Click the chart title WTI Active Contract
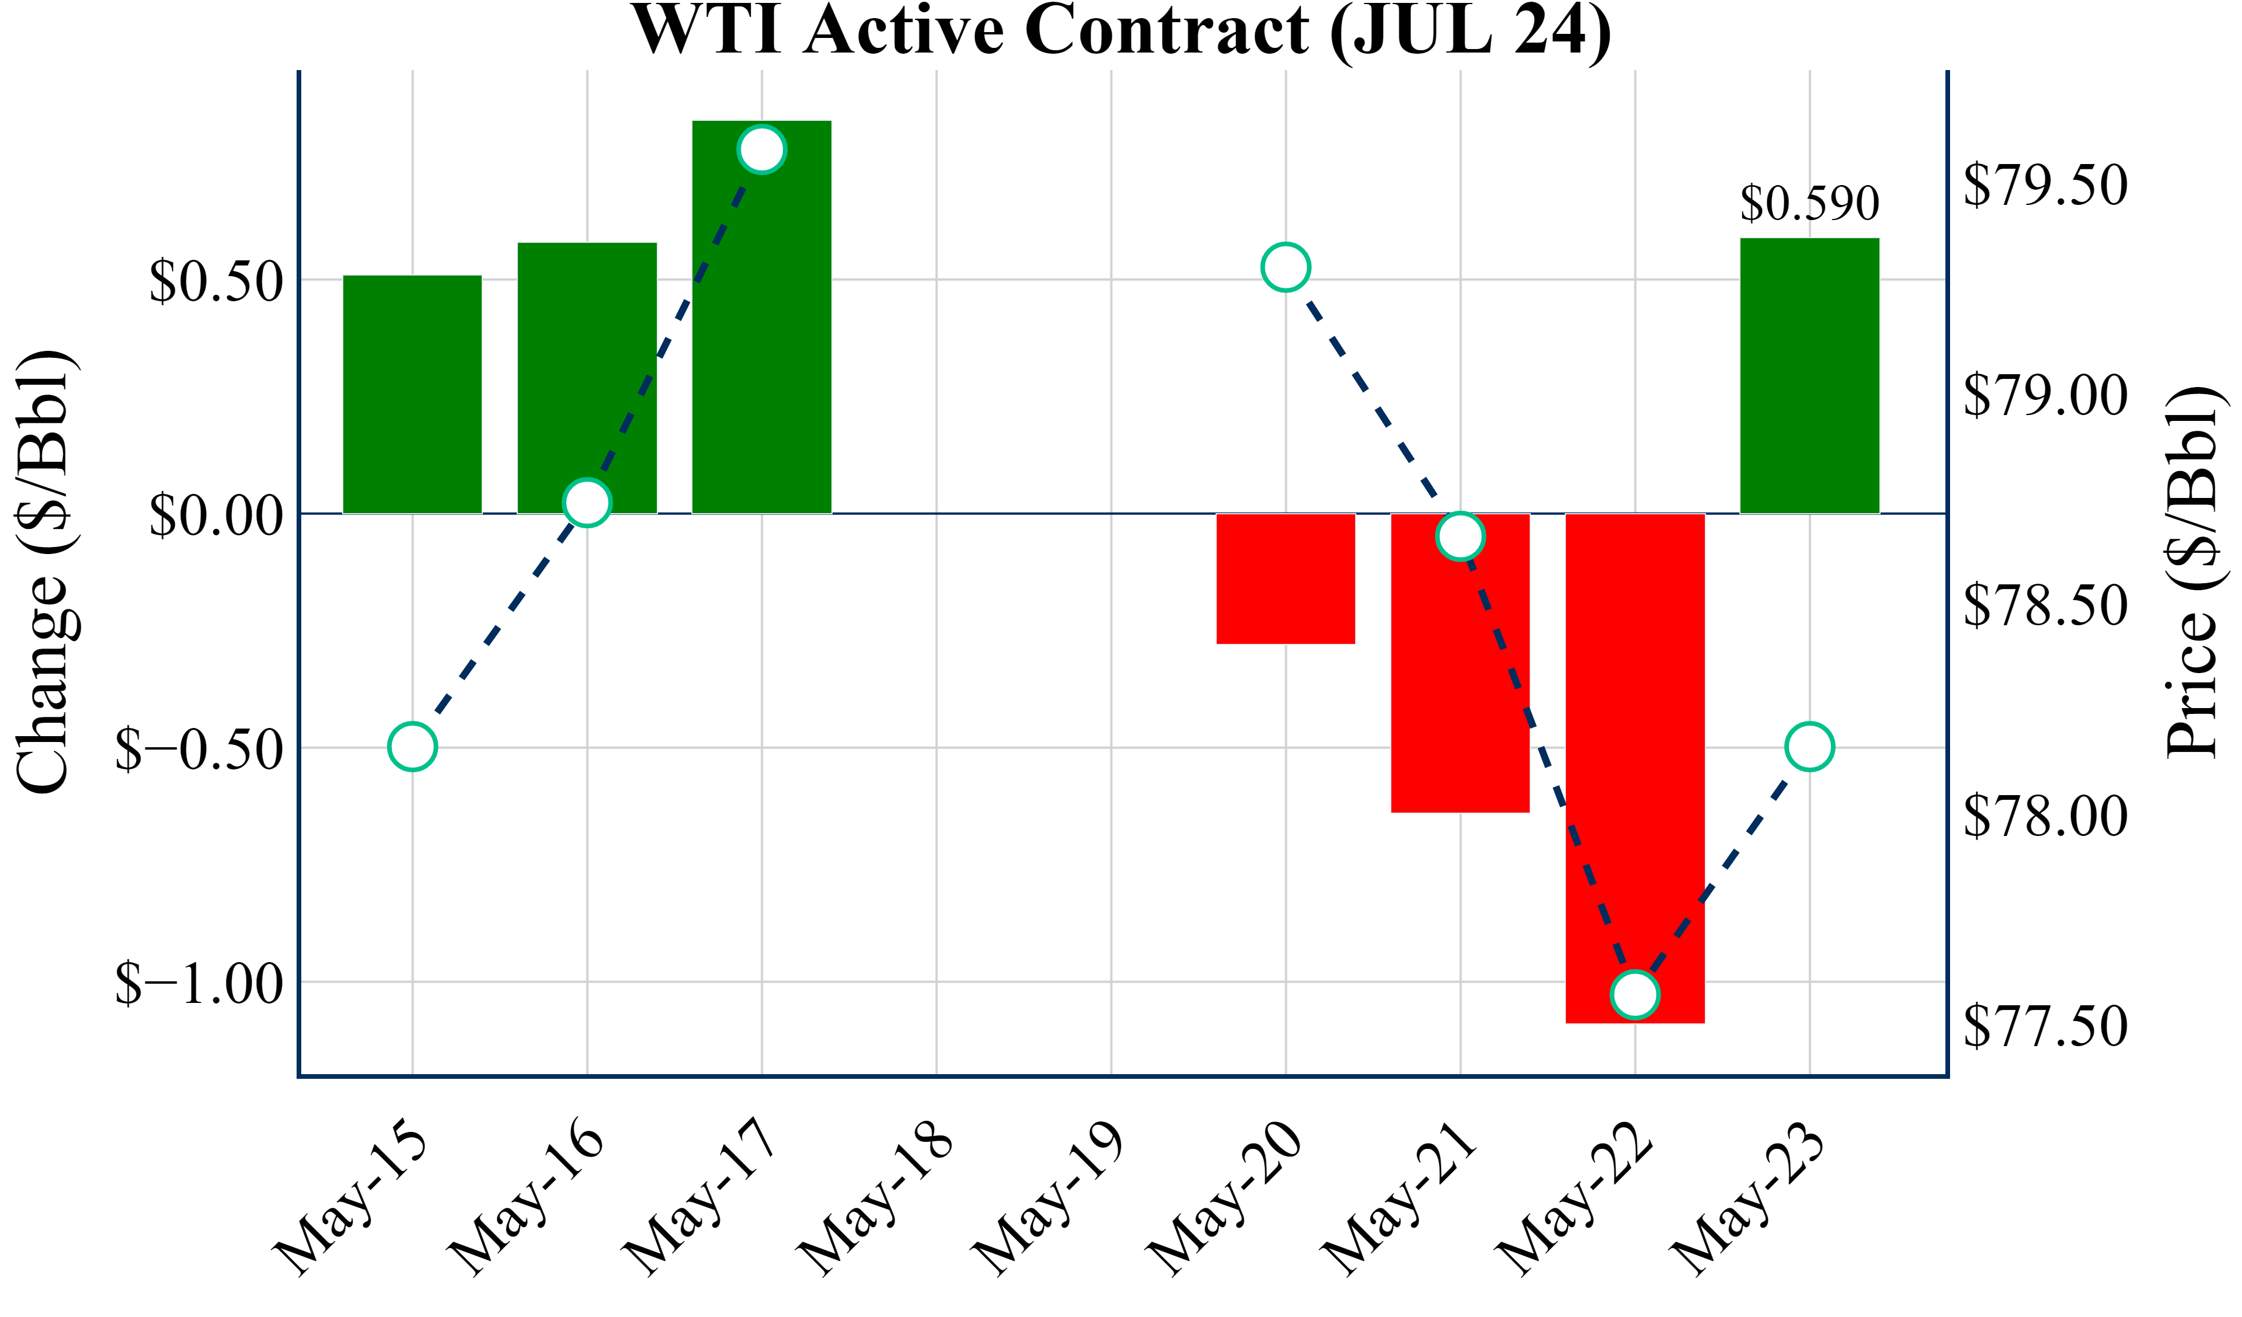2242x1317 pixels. [1121, 30]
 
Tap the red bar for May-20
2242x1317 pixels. [1286, 579]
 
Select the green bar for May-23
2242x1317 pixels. [1809, 375]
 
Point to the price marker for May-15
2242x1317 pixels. [412, 747]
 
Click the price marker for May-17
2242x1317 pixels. [761, 149]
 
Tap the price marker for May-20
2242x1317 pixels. [1286, 267]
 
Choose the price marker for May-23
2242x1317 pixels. [1809, 747]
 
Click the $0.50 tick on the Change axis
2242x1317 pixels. [216, 281]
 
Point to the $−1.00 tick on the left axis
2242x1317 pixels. [199, 983]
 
